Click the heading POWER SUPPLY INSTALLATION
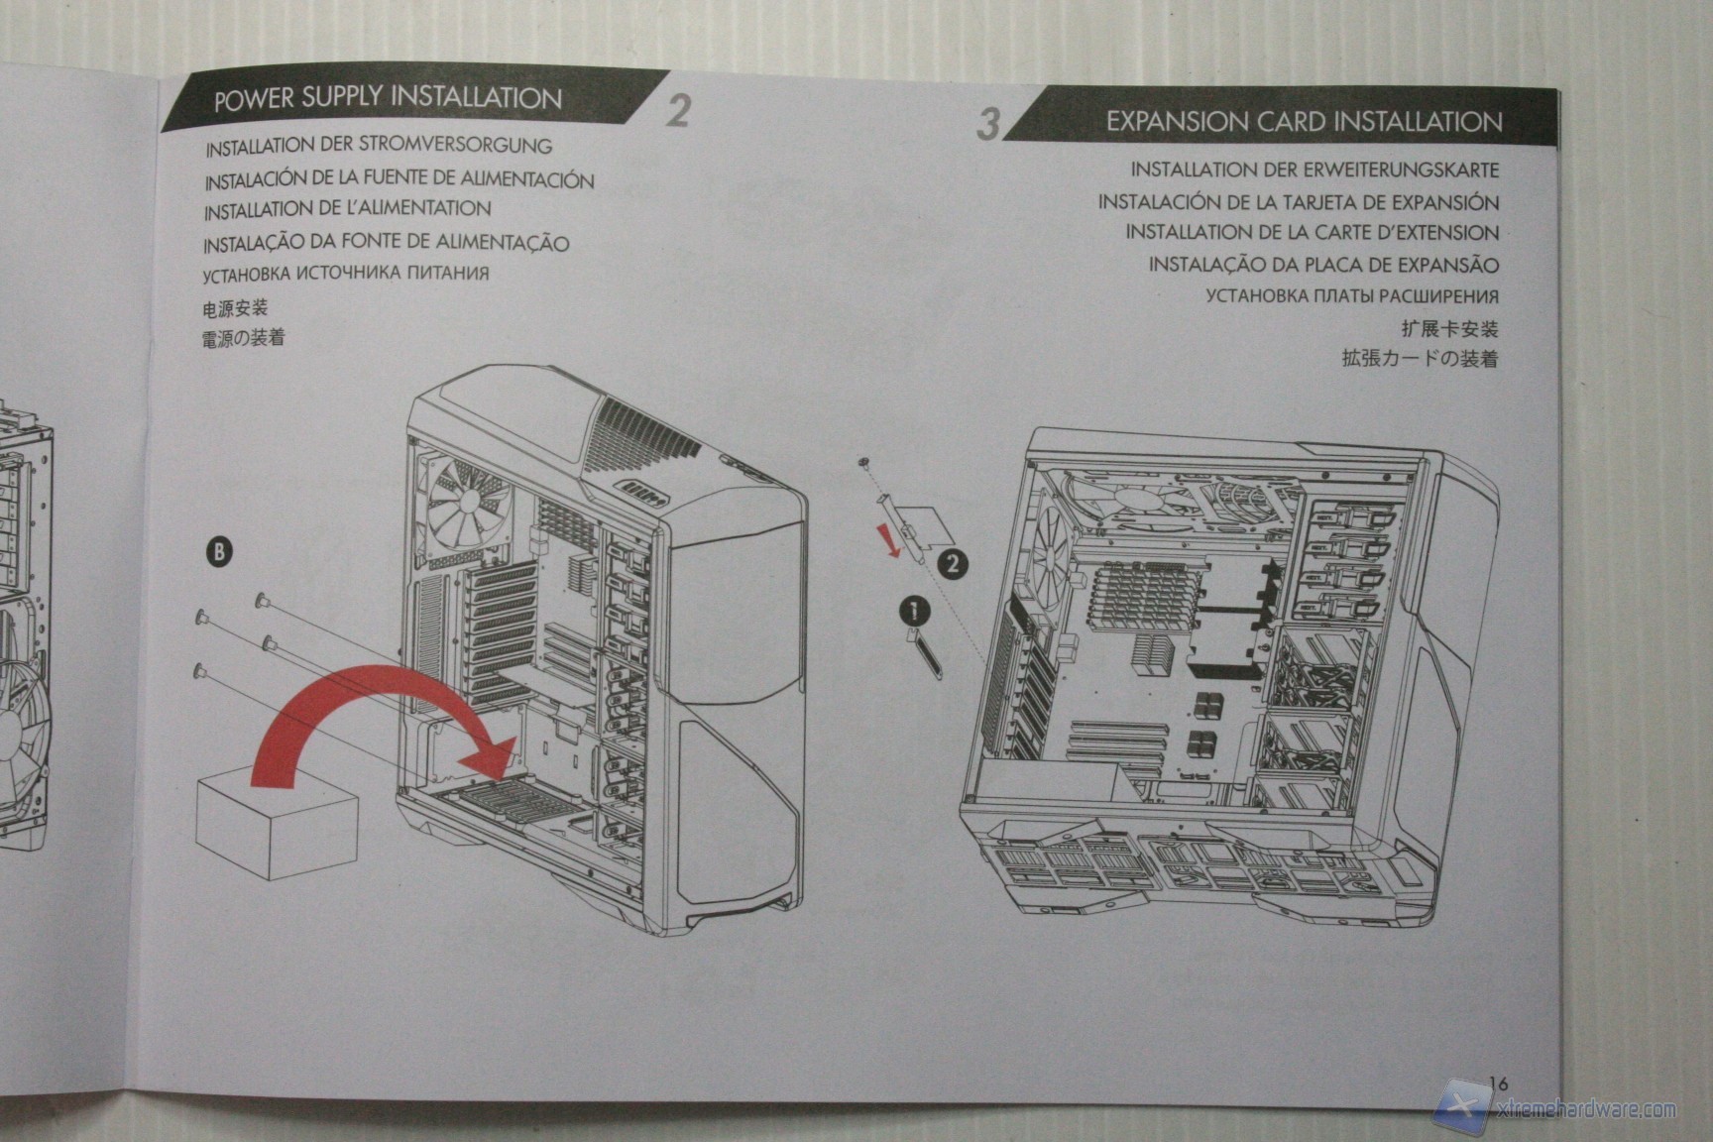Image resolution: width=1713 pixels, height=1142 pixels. click(x=388, y=98)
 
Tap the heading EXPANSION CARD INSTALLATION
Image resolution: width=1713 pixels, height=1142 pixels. click(x=1304, y=122)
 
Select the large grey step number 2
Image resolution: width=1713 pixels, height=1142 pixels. click(x=677, y=110)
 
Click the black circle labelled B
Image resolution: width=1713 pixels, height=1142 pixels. click(x=220, y=552)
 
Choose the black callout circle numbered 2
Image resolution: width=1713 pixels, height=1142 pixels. click(x=950, y=563)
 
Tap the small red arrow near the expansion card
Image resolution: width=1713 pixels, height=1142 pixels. click(x=893, y=540)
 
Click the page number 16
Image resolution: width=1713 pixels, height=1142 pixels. click(x=1497, y=1084)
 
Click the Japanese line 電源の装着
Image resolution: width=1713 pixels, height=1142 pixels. click(x=243, y=338)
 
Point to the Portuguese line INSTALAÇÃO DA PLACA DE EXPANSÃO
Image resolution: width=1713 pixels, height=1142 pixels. click(x=1323, y=265)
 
